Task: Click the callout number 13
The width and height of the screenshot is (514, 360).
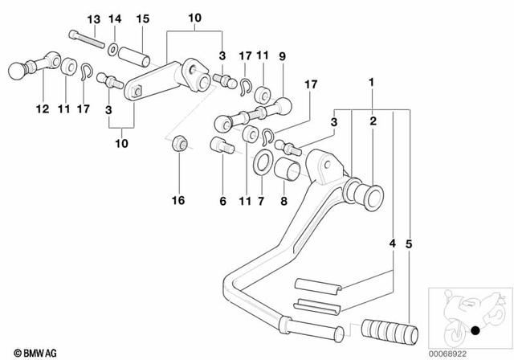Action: [x=94, y=18]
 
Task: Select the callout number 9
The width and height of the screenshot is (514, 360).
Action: [x=282, y=56]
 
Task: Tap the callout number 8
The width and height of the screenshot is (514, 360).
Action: [x=283, y=202]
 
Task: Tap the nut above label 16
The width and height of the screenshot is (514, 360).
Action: [x=181, y=145]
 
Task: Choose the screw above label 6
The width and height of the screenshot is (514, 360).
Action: [x=222, y=146]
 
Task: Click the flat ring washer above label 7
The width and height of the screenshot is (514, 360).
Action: [x=262, y=166]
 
